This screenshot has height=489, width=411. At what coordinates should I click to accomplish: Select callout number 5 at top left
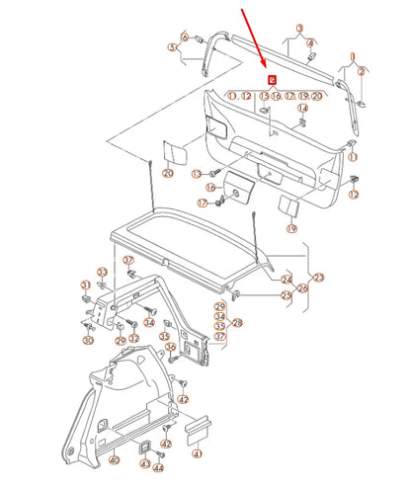pyautogui.click(x=172, y=47)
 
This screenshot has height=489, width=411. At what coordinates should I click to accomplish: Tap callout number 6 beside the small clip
pyautogui.click(x=184, y=37)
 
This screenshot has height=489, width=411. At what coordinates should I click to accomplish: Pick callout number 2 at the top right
pyautogui.click(x=362, y=71)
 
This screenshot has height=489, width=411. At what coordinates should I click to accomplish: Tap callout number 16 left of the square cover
pyautogui.click(x=209, y=187)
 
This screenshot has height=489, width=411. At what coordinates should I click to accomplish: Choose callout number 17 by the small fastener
pyautogui.click(x=203, y=204)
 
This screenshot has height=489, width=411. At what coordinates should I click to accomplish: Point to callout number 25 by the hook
pyautogui.click(x=287, y=294)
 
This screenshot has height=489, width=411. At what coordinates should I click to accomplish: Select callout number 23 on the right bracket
pyautogui.click(x=317, y=277)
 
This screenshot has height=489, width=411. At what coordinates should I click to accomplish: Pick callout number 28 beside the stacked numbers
pyautogui.click(x=237, y=323)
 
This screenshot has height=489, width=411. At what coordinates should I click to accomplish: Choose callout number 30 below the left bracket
pyautogui.click(x=88, y=341)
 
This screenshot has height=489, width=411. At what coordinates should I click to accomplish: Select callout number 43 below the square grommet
pyautogui.click(x=145, y=463)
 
